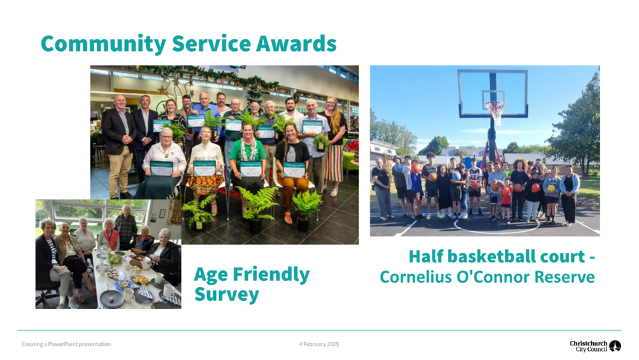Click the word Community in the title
point(103,44)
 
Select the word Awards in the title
point(296,43)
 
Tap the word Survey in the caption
point(227,294)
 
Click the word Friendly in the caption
point(271,275)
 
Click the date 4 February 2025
point(319,344)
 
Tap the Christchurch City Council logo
point(596,346)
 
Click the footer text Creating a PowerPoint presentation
point(66,344)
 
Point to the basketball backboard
point(492,94)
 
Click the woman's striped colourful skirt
point(334,163)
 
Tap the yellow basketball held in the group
point(551,189)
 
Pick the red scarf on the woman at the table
point(111,238)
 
